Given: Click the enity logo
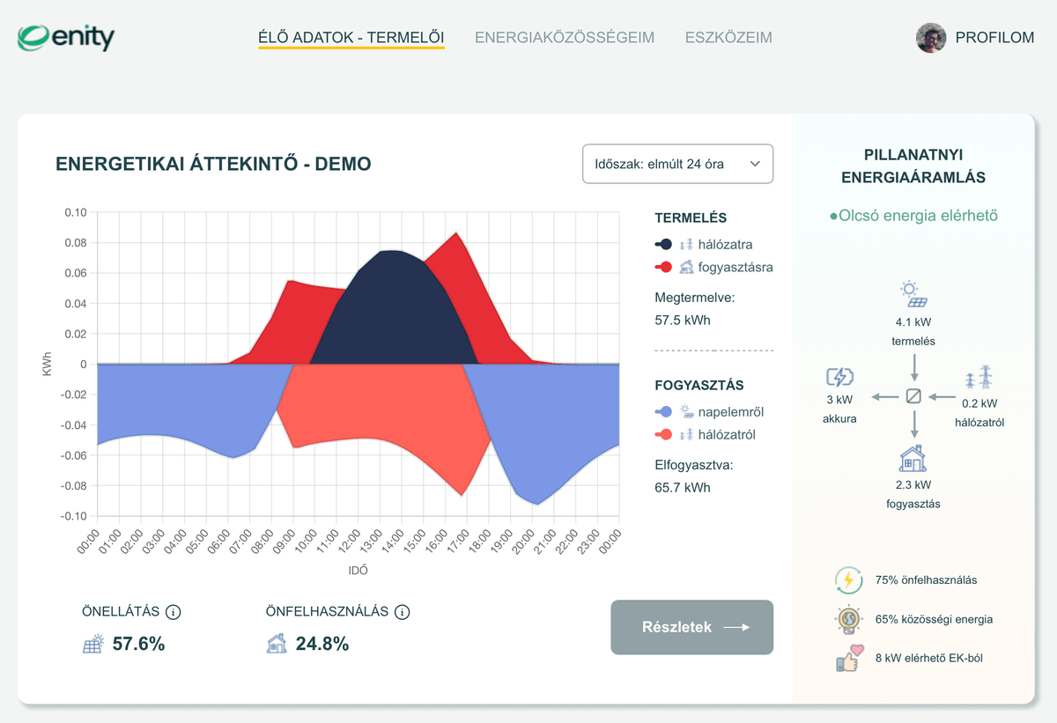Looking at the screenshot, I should click(66, 38).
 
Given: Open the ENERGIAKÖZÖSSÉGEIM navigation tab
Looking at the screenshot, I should click(565, 38).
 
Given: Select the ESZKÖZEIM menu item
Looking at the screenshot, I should click(728, 38).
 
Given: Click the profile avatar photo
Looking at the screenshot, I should click(931, 38).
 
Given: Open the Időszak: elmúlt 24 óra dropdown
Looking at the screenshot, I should click(677, 164).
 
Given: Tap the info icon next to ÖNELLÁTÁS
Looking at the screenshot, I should click(174, 612).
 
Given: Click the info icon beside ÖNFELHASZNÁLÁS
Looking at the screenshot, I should click(403, 612).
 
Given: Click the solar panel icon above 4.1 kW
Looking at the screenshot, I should click(914, 293).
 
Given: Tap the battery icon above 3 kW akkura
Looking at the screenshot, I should click(839, 378).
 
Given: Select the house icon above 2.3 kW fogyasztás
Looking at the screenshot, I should click(913, 459).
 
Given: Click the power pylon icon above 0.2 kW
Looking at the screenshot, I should click(979, 378).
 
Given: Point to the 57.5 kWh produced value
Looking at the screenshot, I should click(683, 321).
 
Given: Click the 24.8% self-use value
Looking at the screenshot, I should click(322, 644).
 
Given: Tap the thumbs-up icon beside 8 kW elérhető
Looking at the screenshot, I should click(847, 659).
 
